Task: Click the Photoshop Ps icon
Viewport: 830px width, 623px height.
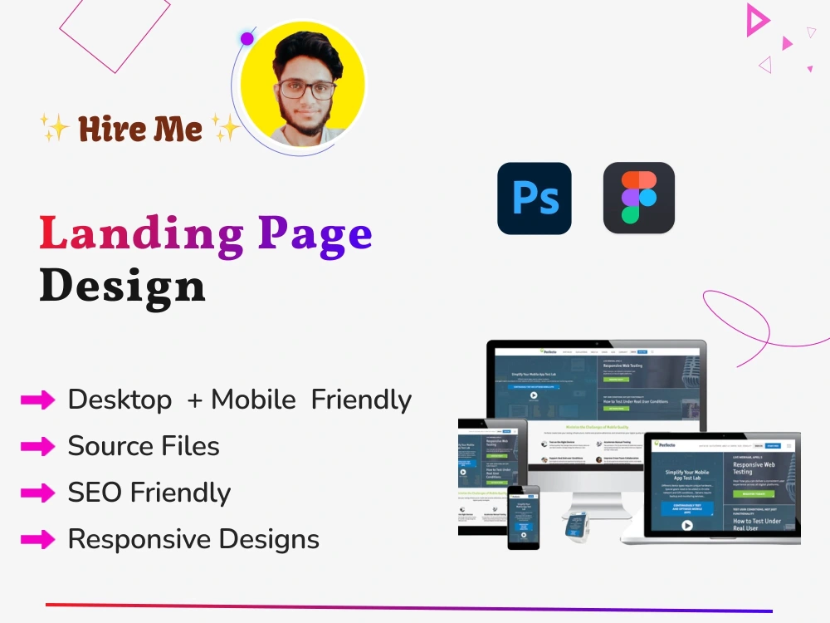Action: coord(535,198)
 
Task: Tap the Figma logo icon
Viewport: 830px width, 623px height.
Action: coord(639,198)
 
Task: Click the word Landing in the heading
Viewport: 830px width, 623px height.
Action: coord(141,235)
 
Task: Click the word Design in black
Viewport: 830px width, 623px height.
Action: coord(122,285)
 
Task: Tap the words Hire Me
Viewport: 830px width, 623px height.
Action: coord(140,129)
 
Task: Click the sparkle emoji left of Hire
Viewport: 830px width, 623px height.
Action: coord(54,127)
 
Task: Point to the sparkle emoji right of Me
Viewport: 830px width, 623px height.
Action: coord(225,127)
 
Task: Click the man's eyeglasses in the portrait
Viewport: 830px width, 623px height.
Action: coord(308,89)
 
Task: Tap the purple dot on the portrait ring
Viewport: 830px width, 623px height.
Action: coord(247,39)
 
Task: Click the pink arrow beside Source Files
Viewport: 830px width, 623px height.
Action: coord(37,446)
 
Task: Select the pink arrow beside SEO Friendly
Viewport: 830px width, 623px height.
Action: coord(37,493)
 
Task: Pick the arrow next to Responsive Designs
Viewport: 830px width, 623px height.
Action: coord(37,539)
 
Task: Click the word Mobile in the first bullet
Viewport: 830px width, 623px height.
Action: coord(253,400)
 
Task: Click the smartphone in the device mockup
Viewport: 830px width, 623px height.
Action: coord(524,517)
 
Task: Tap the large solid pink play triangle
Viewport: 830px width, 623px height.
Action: coord(756,20)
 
